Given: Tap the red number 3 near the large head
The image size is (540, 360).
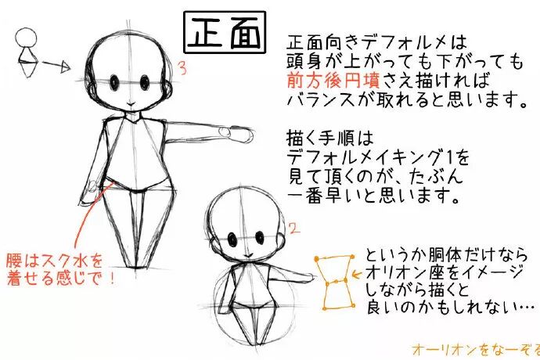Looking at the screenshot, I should [x=182, y=69].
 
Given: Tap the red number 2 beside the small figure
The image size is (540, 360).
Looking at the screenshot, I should [x=293, y=228].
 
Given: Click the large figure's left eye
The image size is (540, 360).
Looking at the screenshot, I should [x=115, y=81].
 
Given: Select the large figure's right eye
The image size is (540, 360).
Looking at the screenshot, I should [x=146, y=81].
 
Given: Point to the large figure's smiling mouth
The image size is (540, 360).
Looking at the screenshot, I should [x=131, y=103].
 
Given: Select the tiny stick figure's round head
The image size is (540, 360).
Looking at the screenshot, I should [x=26, y=38].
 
